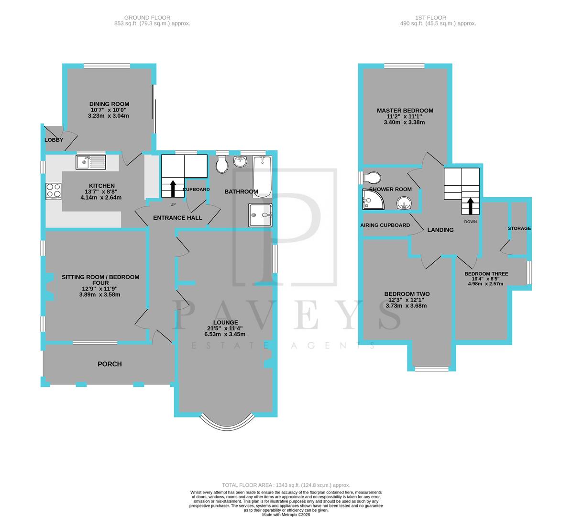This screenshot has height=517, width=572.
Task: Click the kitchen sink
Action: coord(90,162)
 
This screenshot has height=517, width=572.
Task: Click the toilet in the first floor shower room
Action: coord(371,178)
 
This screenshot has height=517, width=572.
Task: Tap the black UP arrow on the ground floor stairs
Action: coord(171,187)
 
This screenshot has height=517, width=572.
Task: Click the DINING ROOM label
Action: coord(109,104)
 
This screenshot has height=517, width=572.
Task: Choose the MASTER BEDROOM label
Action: coord(405,111)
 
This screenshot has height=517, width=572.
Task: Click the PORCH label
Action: coord(110,364)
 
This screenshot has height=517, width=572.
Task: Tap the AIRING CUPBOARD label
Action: coord(385,225)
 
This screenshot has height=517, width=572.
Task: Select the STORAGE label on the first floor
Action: coord(519,228)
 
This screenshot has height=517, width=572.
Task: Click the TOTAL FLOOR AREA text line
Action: coord(286,485)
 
